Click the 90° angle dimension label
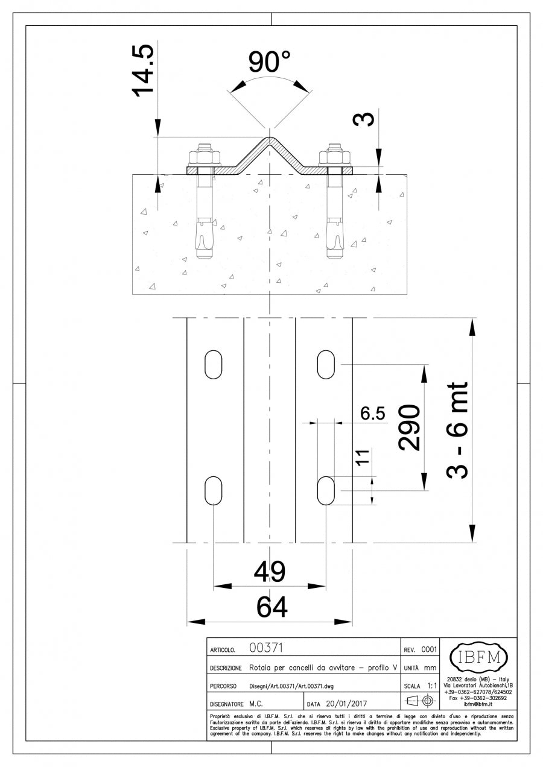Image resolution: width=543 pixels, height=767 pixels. [269, 63]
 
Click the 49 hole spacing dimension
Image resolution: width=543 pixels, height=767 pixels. [270, 572]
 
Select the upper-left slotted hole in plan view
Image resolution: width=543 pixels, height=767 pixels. [213, 364]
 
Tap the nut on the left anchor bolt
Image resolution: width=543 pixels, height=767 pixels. [204, 157]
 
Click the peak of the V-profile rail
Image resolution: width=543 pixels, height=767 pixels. [270, 140]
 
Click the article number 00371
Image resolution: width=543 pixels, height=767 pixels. [266, 649]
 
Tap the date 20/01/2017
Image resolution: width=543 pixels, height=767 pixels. [346, 704]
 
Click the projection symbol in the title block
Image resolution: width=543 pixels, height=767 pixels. [420, 701]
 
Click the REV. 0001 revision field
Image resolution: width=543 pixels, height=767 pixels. [420, 650]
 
